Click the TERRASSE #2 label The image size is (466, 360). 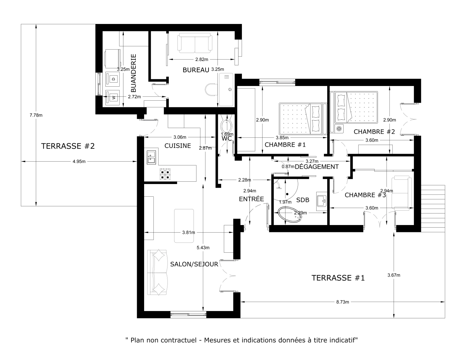point(68,146)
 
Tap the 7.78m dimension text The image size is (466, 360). point(36,115)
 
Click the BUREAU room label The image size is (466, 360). point(195,70)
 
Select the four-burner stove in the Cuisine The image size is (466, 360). point(165,174)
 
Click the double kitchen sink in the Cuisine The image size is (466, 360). point(151,157)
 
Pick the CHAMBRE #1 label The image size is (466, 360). point(285,145)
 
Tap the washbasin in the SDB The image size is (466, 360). point(321,202)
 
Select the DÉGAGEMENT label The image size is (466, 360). point(317,167)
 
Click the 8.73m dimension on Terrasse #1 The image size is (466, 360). point(342,302)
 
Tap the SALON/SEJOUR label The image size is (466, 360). point(194,264)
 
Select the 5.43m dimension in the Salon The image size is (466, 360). point(203,247)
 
